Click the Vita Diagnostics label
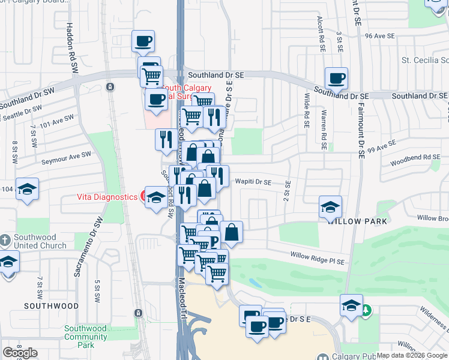click(x=107, y=197)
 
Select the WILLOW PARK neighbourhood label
click(x=354, y=221)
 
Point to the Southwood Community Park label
click(x=85, y=336)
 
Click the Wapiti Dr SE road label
click(x=253, y=182)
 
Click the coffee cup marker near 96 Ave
click(x=143, y=41)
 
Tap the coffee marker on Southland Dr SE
click(x=336, y=78)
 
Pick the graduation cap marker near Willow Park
click(x=330, y=207)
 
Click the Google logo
click(x=20, y=353)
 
